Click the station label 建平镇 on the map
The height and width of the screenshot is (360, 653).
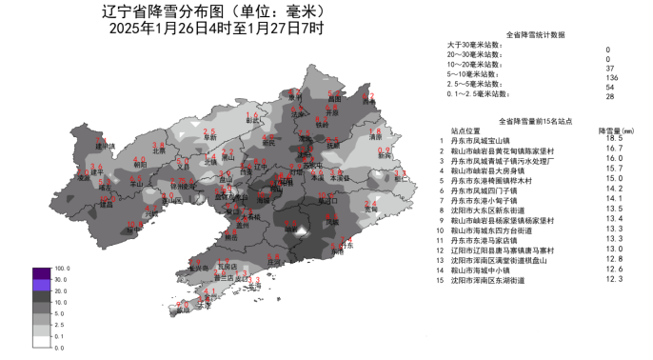pyautogui.click(x=104, y=147)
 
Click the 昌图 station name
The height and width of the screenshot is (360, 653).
pyautogui.click(x=333, y=98)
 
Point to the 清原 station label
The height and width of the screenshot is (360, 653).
pyautogui.click(x=374, y=138)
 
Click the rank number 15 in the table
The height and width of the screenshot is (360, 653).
pyautogui.click(x=441, y=279)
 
